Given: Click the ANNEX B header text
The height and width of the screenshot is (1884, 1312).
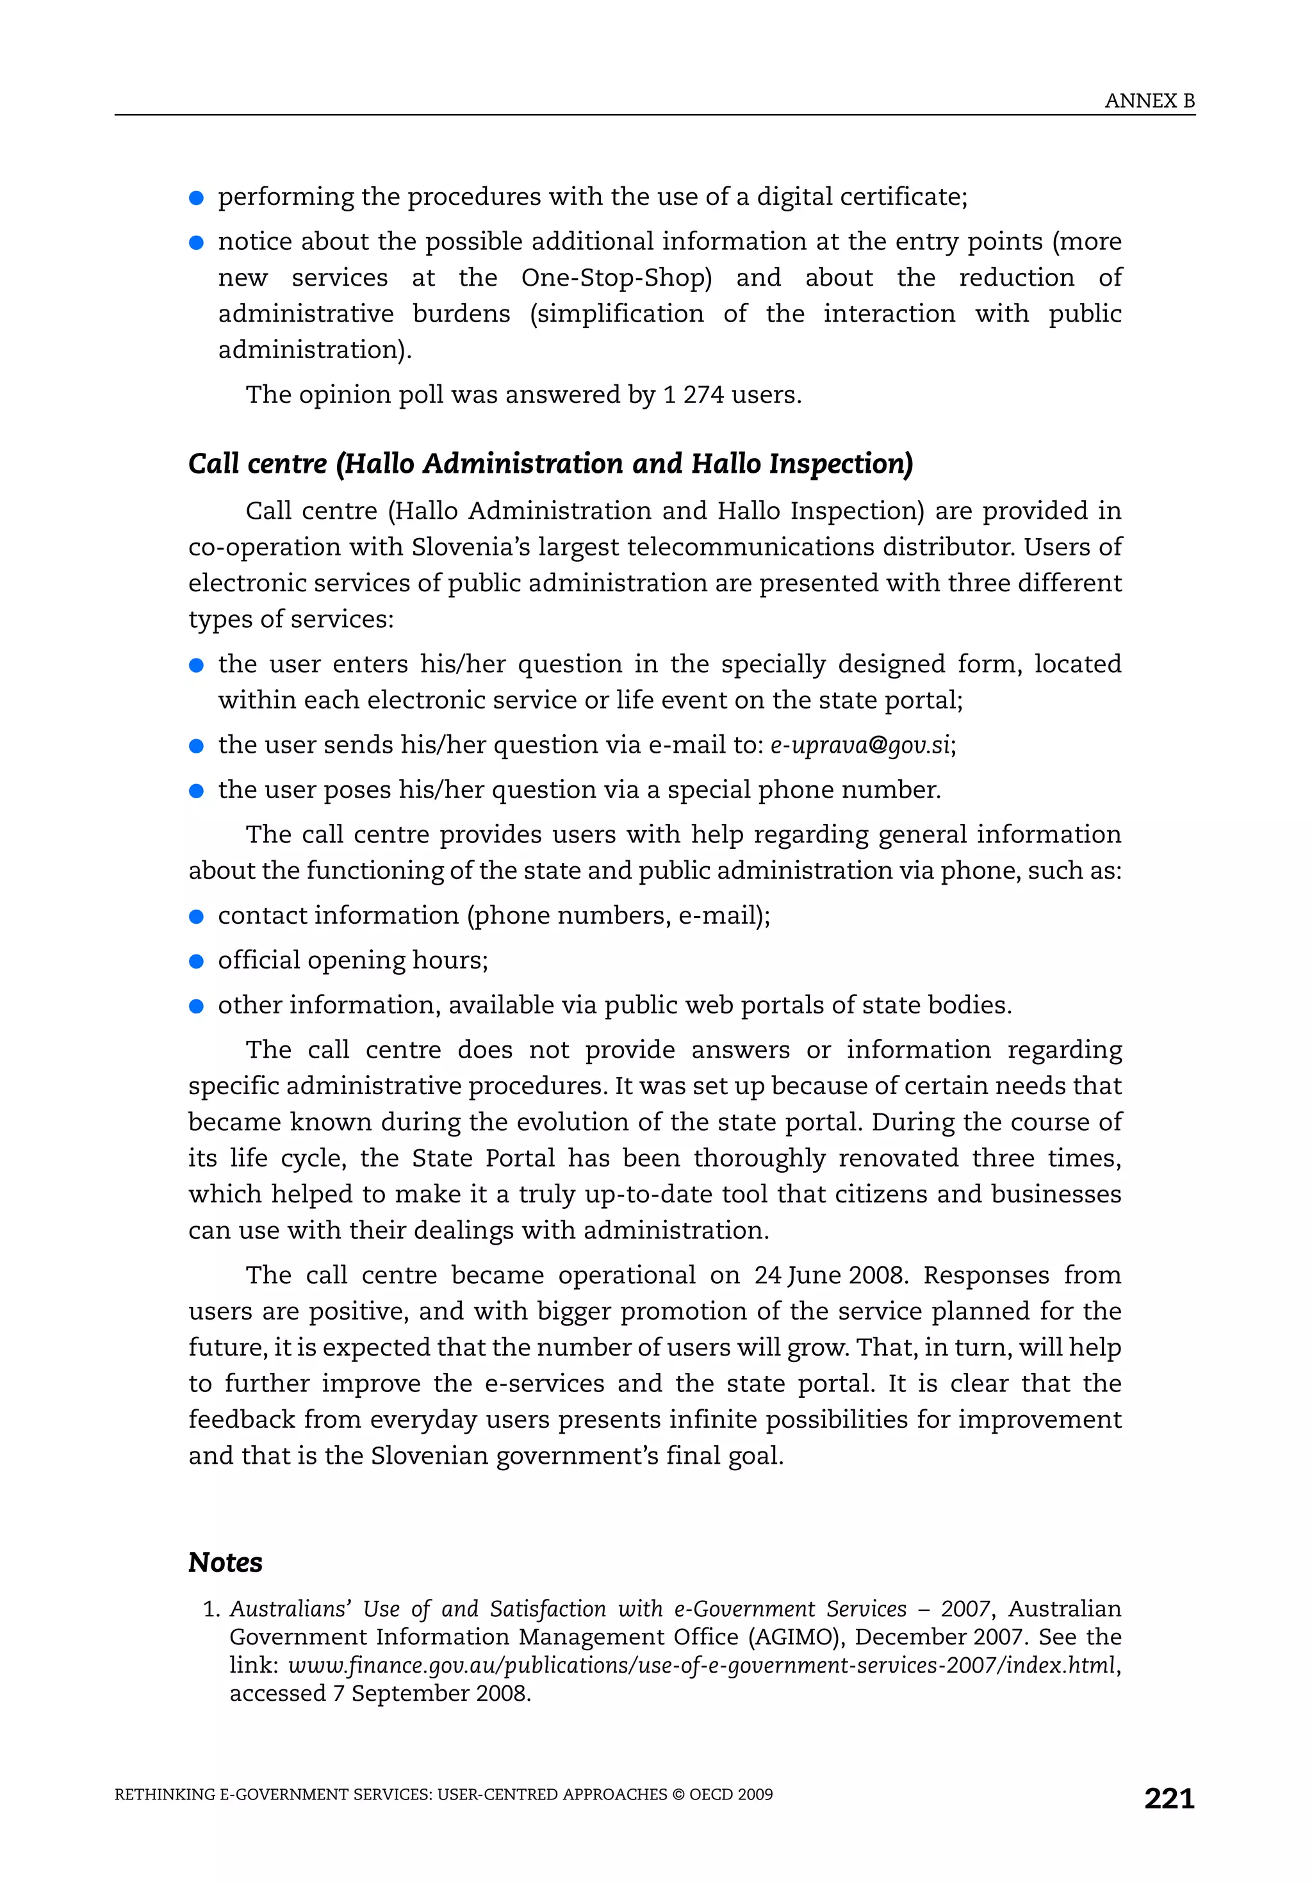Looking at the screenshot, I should [1149, 101].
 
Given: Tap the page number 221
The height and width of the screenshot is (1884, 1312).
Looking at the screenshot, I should [1168, 1798].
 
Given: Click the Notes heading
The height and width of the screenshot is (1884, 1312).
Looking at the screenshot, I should [225, 1562].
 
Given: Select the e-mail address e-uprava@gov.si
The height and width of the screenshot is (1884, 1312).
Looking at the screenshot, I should [860, 744].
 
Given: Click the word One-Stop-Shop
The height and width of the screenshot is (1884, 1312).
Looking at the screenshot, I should [616, 277].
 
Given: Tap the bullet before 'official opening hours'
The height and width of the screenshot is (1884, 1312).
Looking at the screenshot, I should [196, 961].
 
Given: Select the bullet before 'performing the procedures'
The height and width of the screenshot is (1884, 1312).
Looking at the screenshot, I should [196, 198].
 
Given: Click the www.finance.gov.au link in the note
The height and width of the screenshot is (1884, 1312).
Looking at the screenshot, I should [702, 1665].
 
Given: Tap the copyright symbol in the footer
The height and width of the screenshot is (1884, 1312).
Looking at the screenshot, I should [677, 1794].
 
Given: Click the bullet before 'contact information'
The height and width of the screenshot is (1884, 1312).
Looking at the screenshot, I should [196, 916].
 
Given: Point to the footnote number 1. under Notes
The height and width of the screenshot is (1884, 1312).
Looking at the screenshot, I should [211, 1609].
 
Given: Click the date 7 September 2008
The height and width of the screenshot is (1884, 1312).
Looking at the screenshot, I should [432, 1693].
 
